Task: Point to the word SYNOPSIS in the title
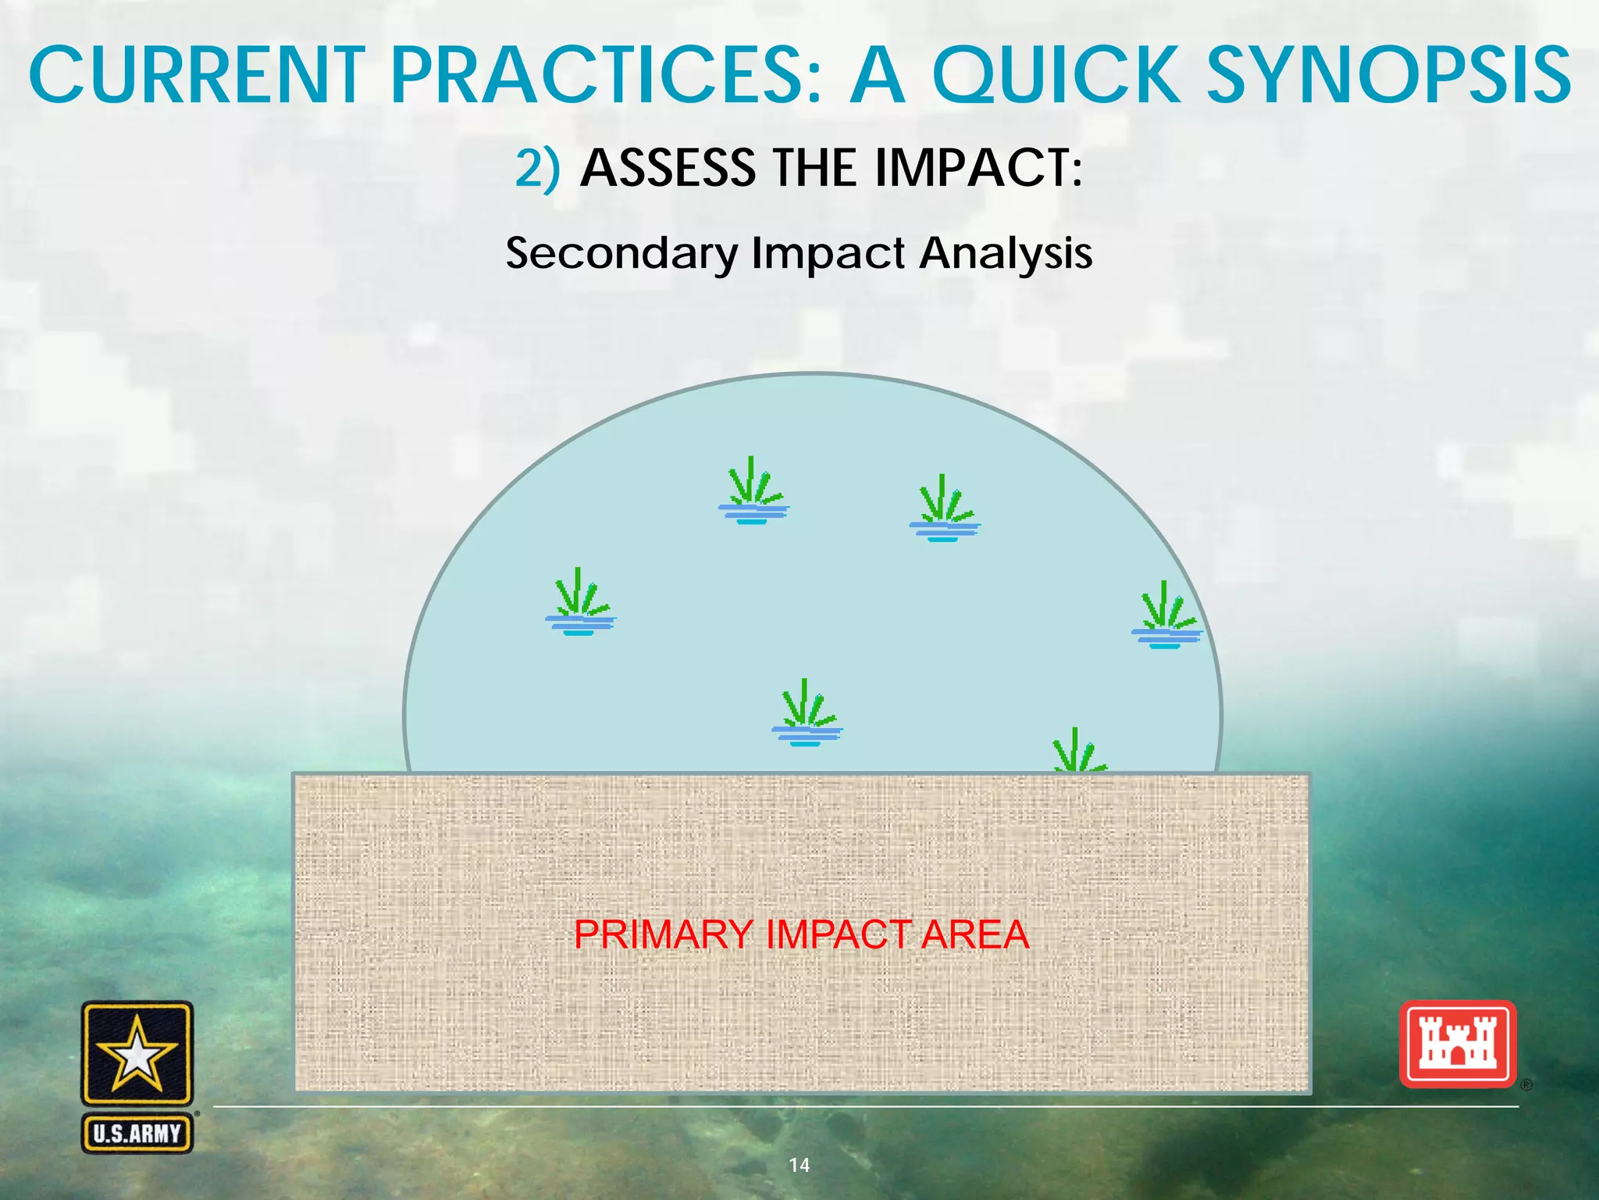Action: tap(1390, 76)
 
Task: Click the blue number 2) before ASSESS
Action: tap(537, 168)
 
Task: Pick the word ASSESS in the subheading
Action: tap(668, 168)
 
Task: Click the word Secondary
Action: tap(621, 254)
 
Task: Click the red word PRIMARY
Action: tap(664, 934)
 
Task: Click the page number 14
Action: tap(799, 1165)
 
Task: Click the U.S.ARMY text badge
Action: tap(137, 1134)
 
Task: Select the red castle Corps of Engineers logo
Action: tap(1458, 1045)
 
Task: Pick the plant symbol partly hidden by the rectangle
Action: tap(1078, 752)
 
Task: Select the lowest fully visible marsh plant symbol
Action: tap(807, 714)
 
